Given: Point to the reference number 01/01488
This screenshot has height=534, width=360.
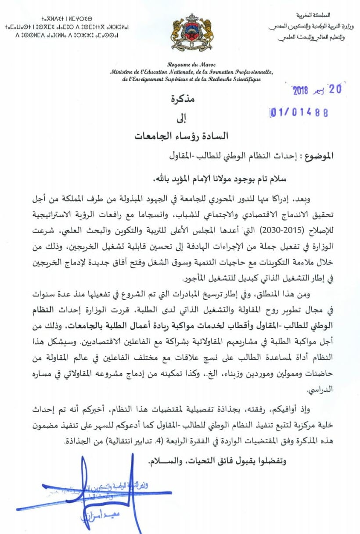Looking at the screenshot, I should click(x=299, y=113).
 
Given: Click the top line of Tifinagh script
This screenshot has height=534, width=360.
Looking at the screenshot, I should click(x=67, y=19).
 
